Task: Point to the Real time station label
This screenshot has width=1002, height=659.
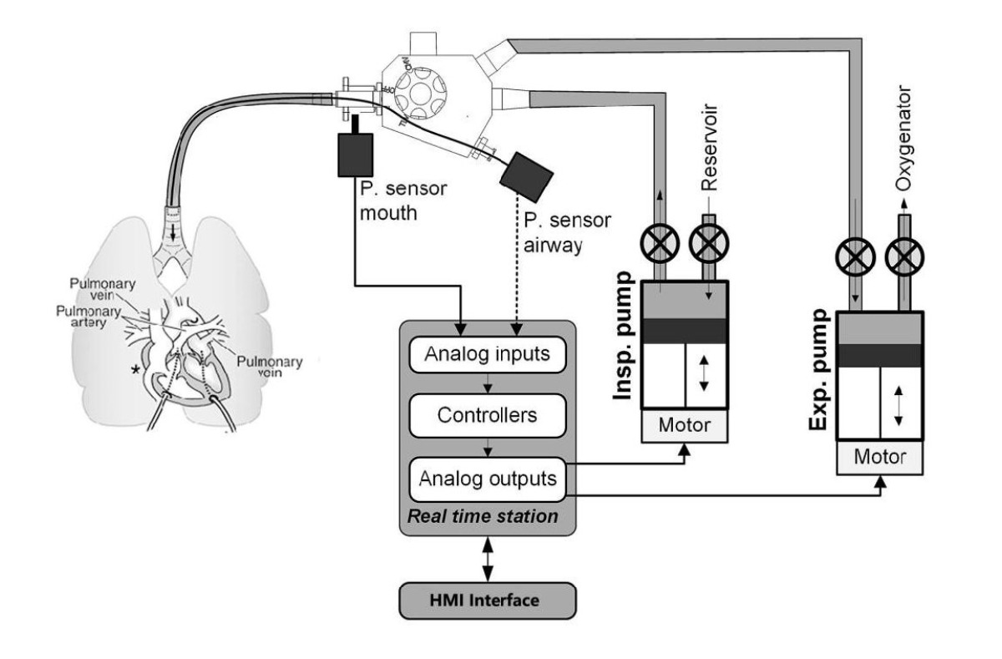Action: pyautogui.click(x=482, y=517)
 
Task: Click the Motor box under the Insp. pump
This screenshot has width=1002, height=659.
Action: pyautogui.click(x=684, y=424)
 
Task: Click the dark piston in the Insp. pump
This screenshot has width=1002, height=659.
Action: pyautogui.click(x=684, y=328)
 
